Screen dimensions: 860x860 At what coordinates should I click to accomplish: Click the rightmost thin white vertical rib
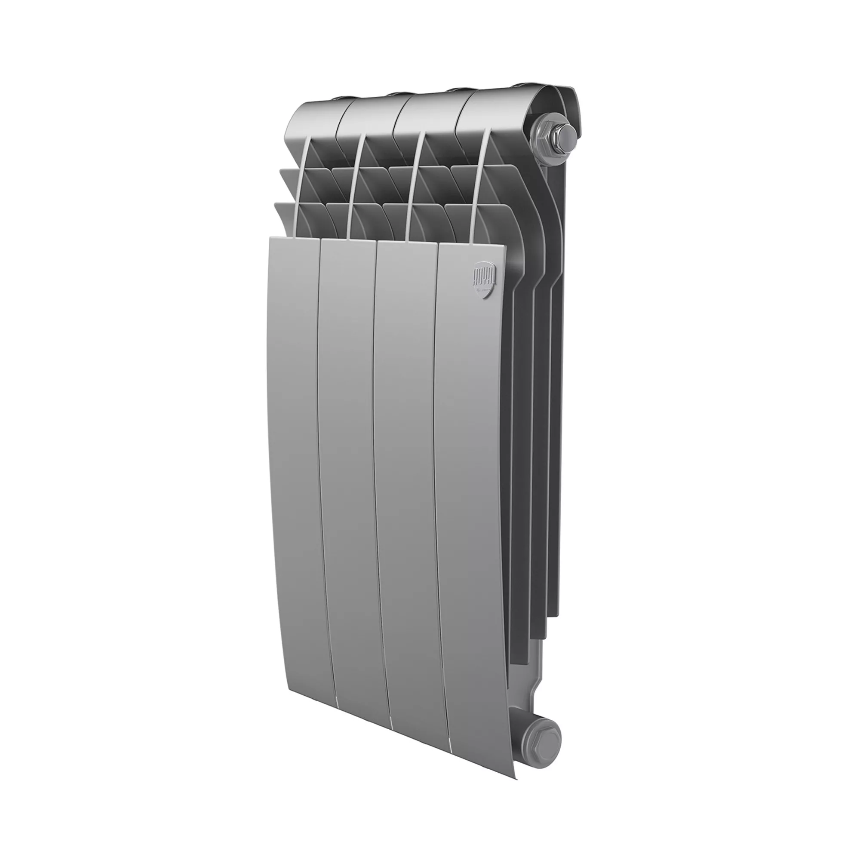tap(479, 187)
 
